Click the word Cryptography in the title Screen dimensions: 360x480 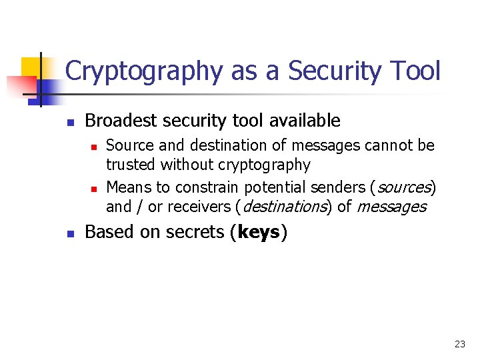143,71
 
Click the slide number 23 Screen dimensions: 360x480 459,344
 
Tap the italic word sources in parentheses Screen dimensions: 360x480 404,187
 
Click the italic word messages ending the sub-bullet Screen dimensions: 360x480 391,207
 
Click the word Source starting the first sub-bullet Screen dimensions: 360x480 127,145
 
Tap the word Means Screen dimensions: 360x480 129,187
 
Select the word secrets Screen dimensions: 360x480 197,232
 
